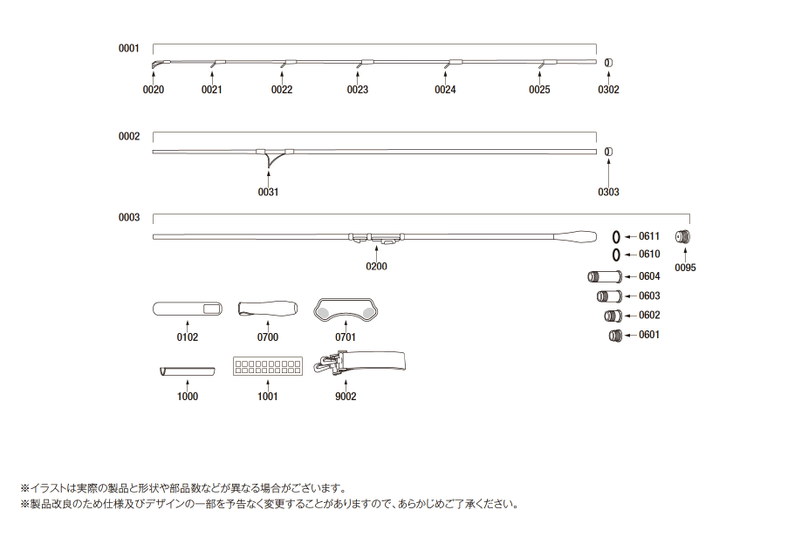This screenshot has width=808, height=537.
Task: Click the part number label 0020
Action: click(154, 90)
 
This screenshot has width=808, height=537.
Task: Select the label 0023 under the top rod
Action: click(357, 90)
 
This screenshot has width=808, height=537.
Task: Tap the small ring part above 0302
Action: click(608, 62)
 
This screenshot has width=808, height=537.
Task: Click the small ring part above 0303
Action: click(608, 152)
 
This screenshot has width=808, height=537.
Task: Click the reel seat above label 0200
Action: click(377, 236)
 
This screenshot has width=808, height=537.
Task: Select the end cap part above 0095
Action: click(684, 237)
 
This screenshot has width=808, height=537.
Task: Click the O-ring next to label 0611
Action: click(616, 236)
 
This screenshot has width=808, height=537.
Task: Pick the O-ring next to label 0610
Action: click(616, 255)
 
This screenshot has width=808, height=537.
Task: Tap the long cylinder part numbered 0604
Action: click(603, 276)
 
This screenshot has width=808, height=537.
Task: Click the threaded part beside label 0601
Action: click(614, 336)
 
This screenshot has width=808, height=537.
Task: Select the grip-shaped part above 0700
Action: click(269, 309)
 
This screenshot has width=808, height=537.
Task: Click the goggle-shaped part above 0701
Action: click(345, 307)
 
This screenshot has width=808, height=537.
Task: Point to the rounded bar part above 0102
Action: click(187, 309)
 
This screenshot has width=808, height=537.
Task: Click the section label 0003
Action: click(129, 217)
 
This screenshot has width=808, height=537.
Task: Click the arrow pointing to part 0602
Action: click(629, 316)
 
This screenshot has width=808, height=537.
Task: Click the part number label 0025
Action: click(539, 90)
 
